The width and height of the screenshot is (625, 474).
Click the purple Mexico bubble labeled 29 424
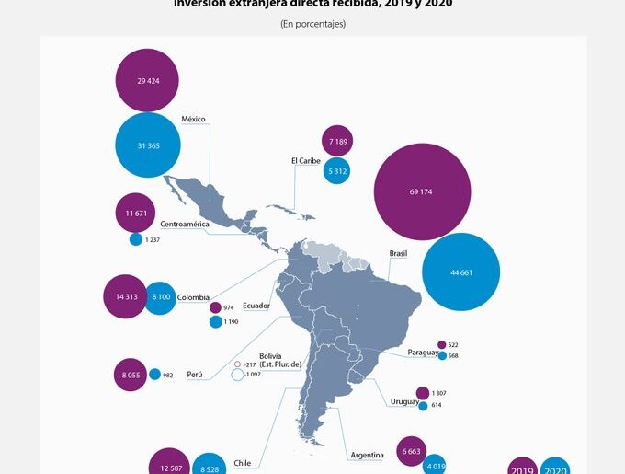[x=147, y=81]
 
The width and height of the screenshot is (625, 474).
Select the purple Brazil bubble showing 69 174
[x=422, y=191]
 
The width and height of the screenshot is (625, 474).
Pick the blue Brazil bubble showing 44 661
[x=460, y=272]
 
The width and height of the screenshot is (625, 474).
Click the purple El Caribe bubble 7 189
[x=337, y=140]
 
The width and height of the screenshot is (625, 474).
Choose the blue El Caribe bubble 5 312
[x=337, y=170]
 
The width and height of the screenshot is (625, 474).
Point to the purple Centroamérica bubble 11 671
[x=135, y=213]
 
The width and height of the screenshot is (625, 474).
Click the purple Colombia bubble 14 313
[x=126, y=296]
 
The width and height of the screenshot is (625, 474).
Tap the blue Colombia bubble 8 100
[x=160, y=296]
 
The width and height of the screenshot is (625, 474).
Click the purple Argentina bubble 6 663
[x=413, y=451]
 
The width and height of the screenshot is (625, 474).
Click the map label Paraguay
[x=424, y=353]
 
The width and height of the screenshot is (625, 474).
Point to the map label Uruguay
[x=404, y=401]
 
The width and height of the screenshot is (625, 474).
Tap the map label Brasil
[x=398, y=253]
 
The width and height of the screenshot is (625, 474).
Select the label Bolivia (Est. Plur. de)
[x=280, y=361]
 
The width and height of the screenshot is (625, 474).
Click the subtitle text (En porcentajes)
[x=312, y=24]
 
